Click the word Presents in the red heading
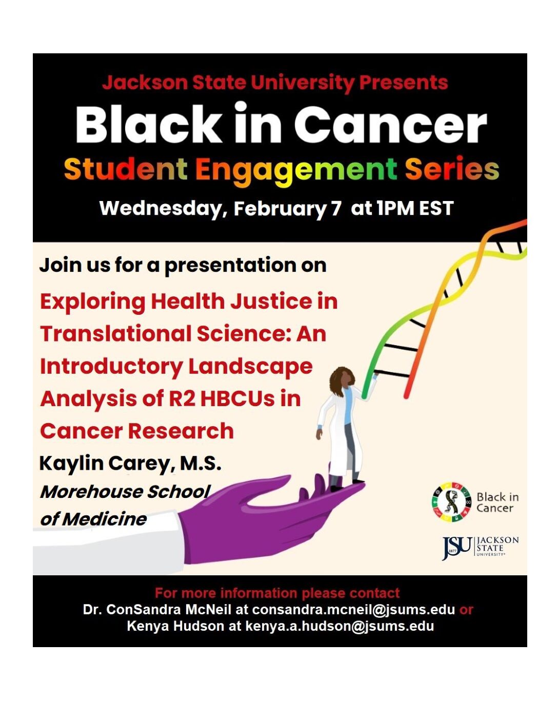[x=403, y=83]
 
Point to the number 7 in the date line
[x=336, y=209]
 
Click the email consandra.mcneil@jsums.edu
[x=353, y=610]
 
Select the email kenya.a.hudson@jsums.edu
[x=340, y=626]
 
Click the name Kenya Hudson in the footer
[x=175, y=626]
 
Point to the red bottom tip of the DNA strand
[x=406, y=396]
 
